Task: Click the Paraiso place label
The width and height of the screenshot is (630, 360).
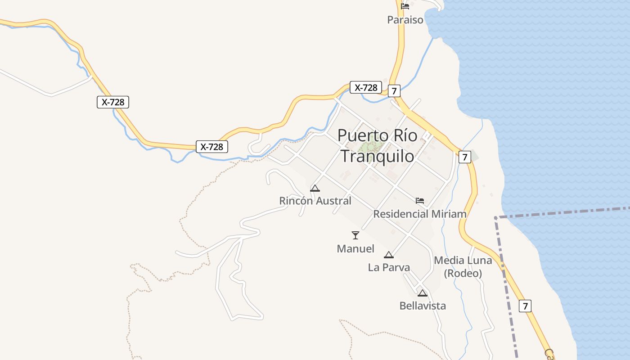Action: click(405, 20)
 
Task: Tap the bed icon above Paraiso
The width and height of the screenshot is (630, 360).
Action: click(405, 6)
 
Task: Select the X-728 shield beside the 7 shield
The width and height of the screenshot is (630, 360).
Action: click(366, 87)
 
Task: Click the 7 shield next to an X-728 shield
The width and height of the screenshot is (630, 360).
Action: click(394, 91)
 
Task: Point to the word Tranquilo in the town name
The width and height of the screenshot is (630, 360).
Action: click(377, 156)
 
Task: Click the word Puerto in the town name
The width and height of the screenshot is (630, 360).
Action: click(362, 135)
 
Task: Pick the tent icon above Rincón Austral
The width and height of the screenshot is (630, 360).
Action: click(315, 188)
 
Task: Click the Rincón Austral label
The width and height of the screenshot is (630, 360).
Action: click(315, 201)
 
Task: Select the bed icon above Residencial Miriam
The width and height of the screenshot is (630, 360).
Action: click(420, 200)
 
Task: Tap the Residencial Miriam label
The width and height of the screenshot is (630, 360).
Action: click(420, 214)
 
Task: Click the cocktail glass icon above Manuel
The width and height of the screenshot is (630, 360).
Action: click(355, 235)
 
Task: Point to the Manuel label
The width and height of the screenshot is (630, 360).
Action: click(355, 249)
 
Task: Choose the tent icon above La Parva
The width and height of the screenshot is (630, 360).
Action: click(389, 255)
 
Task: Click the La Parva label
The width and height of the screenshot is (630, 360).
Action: click(389, 268)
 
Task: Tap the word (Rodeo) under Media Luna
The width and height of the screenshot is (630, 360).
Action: click(463, 274)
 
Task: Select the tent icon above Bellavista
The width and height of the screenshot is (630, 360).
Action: click(422, 293)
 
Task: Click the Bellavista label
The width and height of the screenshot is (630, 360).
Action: click(423, 306)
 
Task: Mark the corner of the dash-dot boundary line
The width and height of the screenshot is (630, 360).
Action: click(496, 218)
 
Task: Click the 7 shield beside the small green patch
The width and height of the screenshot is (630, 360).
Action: click(464, 157)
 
